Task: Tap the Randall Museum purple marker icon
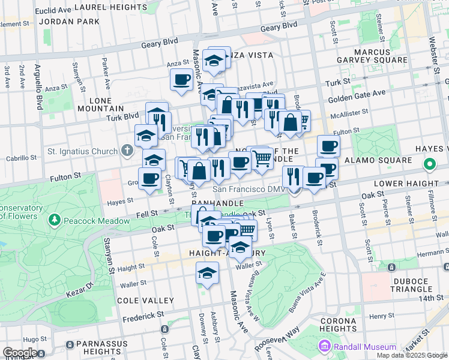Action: tap(325, 346)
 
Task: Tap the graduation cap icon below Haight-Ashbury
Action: tap(207, 273)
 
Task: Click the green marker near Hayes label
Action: tap(430, 163)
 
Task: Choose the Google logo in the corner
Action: tap(20, 352)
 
